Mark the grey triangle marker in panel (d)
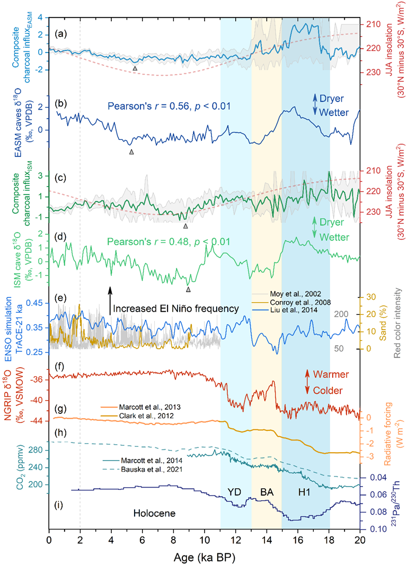pos(188,289)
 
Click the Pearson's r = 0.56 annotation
pos(169,107)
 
